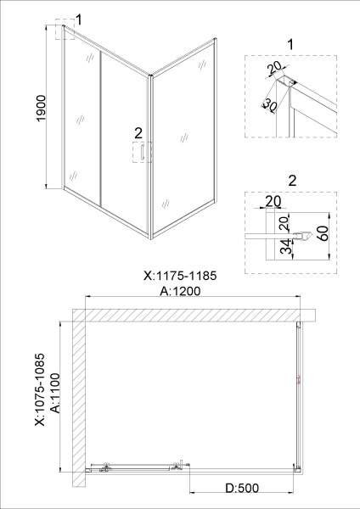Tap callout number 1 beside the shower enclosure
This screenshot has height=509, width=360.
79,19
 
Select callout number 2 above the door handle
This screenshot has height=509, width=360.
138,132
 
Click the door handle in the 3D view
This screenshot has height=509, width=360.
146,152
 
